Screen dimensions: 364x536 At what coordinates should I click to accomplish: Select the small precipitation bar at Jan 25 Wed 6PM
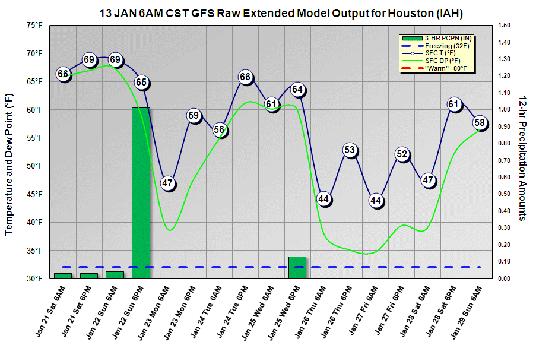pyautogui.click(x=297, y=267)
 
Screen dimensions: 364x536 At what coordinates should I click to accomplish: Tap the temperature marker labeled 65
pyautogui.click(x=141, y=83)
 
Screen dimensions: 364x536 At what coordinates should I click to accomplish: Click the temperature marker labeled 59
pyautogui.click(x=194, y=116)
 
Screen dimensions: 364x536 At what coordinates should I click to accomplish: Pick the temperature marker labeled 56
pyautogui.click(x=220, y=130)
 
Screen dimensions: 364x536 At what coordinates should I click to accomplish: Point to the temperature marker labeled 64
pyautogui.click(x=298, y=90)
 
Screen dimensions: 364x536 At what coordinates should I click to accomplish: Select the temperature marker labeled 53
pyautogui.click(x=350, y=150)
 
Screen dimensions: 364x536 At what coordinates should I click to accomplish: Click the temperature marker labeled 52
pyautogui.click(x=402, y=155)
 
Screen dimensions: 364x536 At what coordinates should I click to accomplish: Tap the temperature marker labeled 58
pyautogui.click(x=480, y=123)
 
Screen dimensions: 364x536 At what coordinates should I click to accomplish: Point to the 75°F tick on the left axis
pyautogui.click(x=34, y=26)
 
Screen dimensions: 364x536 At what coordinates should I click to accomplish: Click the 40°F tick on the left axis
pyautogui.click(x=34, y=223)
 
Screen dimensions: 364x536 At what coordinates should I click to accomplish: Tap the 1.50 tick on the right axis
pyautogui.click(x=505, y=26)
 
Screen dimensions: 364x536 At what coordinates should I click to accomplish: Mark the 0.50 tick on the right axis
pyautogui.click(x=505, y=194)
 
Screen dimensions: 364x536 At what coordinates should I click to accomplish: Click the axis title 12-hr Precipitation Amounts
pyautogui.click(x=523, y=157)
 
